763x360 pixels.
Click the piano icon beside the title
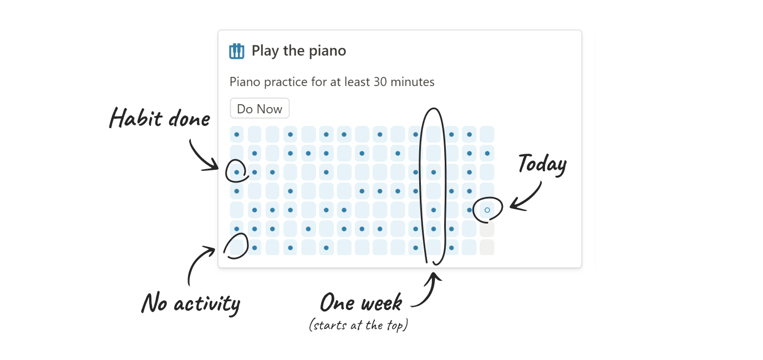tap(237, 51)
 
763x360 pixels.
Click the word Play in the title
tap(266, 51)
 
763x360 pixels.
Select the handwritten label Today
tap(542, 165)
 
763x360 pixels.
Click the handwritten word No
tap(155, 303)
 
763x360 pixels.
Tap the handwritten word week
tap(381, 303)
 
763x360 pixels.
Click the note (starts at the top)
tap(358, 325)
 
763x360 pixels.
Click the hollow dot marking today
tap(487, 210)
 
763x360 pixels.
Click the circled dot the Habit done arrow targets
tap(237, 173)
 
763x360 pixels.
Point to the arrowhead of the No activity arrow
tap(213, 250)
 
